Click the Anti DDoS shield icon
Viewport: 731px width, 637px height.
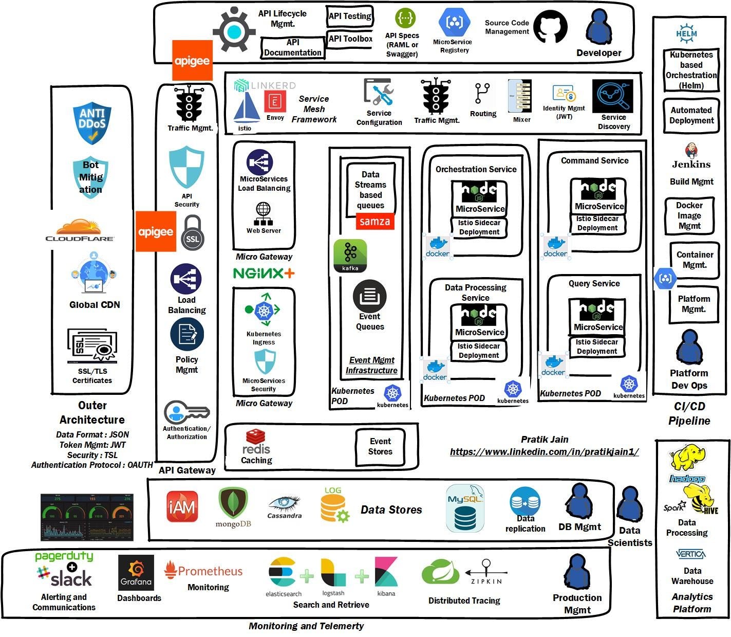pos(92,123)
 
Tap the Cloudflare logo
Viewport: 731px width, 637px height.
pos(80,230)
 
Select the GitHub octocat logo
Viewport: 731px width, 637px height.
pos(550,28)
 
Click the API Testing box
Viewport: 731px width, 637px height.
pos(350,16)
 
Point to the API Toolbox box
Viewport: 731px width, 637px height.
pos(350,39)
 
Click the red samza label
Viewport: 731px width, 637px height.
pos(375,222)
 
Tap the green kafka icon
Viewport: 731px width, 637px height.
pos(350,256)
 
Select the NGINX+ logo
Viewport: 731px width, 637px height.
pos(264,273)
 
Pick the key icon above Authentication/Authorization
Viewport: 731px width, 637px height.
pos(186,412)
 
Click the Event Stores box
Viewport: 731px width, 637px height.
pos(380,447)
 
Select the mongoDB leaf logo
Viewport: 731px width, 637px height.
pos(233,506)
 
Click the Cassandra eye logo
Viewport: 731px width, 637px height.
pos(284,506)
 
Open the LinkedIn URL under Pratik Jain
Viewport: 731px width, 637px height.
pos(544,452)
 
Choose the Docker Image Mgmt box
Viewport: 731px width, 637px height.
pos(689,216)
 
